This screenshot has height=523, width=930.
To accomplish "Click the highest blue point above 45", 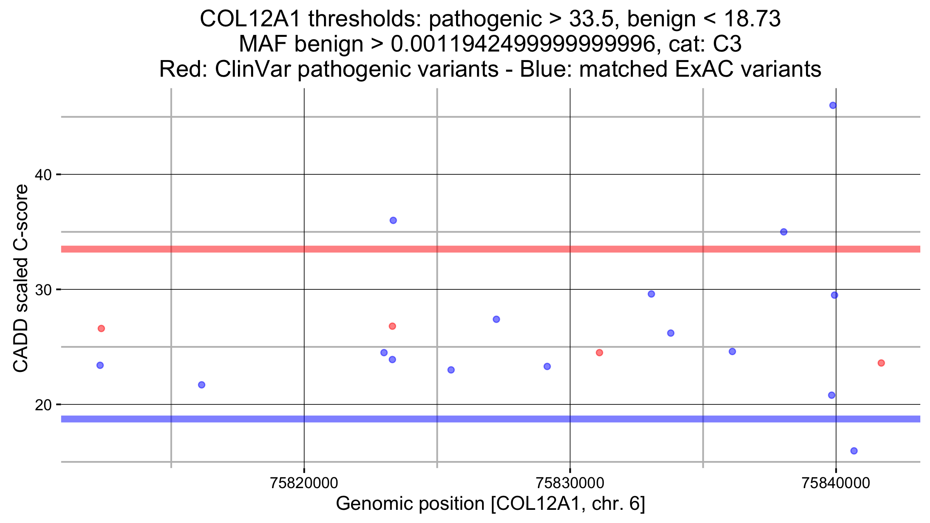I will [833, 105].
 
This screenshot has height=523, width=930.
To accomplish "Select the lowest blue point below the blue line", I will [854, 451].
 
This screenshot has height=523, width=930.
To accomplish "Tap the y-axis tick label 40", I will [43, 175].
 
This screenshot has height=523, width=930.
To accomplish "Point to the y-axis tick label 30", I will [43, 290].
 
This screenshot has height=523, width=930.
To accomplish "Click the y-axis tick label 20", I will [43, 405].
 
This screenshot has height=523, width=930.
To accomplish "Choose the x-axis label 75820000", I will [304, 483].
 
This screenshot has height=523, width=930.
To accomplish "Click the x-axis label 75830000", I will [570, 483].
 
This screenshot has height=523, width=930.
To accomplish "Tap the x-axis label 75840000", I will [836, 483].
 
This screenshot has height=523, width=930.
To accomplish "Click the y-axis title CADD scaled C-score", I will [21, 278].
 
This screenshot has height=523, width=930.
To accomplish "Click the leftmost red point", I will [101, 329].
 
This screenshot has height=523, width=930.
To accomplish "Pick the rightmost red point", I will [881, 363].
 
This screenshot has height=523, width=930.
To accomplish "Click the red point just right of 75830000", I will [599, 353].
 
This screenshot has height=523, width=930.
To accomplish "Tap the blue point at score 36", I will [393, 220].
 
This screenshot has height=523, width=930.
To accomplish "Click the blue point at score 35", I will [784, 232].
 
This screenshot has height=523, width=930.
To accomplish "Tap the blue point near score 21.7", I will [201, 385].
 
